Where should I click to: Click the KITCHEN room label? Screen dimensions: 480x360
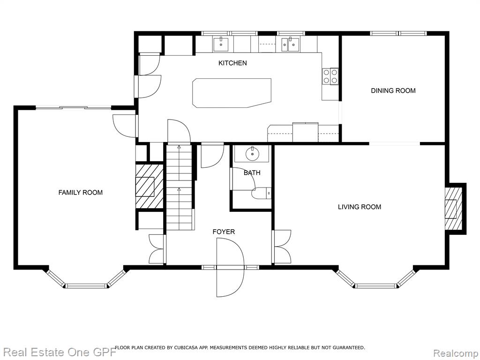(x=232, y=63)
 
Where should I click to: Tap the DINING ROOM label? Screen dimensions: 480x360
(x=393, y=90)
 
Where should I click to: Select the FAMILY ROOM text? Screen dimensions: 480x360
(x=81, y=193)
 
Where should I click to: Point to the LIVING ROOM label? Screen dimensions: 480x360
(x=360, y=207)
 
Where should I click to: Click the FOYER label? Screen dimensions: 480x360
(x=224, y=232)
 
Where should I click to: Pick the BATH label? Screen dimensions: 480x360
(x=252, y=173)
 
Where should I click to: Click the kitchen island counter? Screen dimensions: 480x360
(x=232, y=93)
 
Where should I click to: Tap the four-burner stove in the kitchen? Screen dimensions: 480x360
(x=330, y=76)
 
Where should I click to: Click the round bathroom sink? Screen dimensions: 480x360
(x=252, y=154)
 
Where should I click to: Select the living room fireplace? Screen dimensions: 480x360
(x=453, y=209)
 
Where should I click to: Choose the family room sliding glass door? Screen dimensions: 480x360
(x=74, y=107)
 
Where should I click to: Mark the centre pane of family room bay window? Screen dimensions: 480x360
(x=86, y=286)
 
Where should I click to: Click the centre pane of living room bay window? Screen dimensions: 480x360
(x=375, y=286)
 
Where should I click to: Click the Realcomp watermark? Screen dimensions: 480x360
(x=456, y=353)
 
